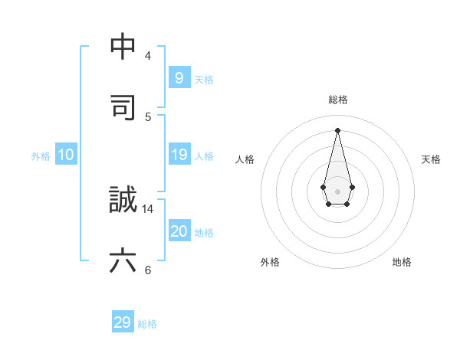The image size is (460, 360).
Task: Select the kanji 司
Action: [x=123, y=107]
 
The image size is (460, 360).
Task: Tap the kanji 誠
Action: [x=123, y=201]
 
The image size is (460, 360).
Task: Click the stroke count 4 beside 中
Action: [x=148, y=56]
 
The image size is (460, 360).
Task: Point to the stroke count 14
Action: [x=148, y=208]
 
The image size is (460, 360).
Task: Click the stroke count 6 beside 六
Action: [x=148, y=270]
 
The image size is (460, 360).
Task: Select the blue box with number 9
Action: [x=179, y=77]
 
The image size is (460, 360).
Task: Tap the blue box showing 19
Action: [x=179, y=155]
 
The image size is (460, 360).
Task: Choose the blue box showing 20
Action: [x=179, y=231]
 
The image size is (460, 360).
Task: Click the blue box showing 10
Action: [x=66, y=155]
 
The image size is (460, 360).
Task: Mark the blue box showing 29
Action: [x=123, y=322]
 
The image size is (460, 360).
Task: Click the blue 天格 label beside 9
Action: [x=204, y=80]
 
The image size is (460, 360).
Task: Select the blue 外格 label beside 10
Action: [x=41, y=156]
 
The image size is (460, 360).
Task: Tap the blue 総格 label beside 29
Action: [x=147, y=324]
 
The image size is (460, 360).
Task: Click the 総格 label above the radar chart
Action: [x=338, y=100]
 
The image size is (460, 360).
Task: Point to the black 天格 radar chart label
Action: [x=432, y=159]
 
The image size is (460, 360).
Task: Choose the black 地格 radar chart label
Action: [x=402, y=262]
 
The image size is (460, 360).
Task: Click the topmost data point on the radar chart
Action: [x=338, y=129]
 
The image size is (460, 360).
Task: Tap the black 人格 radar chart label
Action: [x=245, y=159]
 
